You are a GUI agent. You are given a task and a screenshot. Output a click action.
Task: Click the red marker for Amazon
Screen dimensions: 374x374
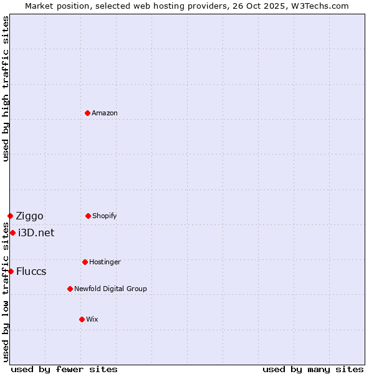pos(88,113)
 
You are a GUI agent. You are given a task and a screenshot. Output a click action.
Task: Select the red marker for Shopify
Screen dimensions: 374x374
pos(88,216)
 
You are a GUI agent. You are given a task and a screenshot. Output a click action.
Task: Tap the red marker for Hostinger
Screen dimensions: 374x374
pos(85,262)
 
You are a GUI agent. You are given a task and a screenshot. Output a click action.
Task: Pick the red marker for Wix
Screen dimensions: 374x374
pos(82,319)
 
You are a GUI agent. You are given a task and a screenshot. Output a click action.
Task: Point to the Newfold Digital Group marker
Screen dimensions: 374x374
pos(70,289)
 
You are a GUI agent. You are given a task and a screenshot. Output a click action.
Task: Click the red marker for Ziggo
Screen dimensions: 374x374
pos(10,216)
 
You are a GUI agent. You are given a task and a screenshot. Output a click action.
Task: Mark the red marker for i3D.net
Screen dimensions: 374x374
pos(12,233)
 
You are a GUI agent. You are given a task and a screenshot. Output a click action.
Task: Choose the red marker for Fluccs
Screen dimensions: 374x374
pos(11,271)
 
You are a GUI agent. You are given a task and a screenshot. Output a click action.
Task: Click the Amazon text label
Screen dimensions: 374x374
pos(105,113)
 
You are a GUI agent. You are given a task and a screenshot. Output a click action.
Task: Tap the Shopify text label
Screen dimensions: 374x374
pos(105,216)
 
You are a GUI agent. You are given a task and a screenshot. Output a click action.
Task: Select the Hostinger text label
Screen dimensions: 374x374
pos(105,262)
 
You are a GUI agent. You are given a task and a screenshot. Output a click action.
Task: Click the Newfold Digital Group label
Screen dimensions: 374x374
pos(110,289)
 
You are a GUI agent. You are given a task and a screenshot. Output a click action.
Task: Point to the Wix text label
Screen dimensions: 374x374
pos(92,319)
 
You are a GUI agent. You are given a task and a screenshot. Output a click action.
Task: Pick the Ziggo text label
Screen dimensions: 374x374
pos(30,216)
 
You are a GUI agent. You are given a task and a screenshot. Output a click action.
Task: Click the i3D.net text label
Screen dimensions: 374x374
pos(36,233)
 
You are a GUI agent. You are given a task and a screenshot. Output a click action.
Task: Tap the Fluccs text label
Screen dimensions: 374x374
pos(31,272)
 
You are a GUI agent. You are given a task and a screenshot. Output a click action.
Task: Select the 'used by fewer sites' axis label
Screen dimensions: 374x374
pos(64,369)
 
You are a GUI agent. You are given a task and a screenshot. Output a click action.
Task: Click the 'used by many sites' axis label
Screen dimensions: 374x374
pos(313,369)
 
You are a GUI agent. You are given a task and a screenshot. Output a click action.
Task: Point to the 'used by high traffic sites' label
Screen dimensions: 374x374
pos(6,89)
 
